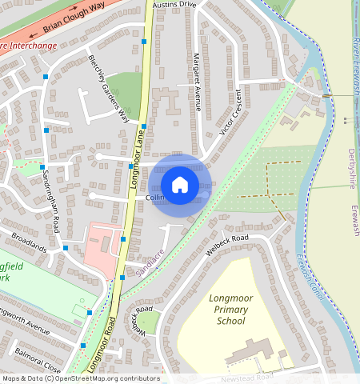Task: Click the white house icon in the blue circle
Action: (180, 185)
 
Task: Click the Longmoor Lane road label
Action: (137, 161)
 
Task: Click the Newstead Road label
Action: (246, 376)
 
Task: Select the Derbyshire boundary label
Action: (352, 168)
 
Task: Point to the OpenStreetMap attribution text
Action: (80, 378)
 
